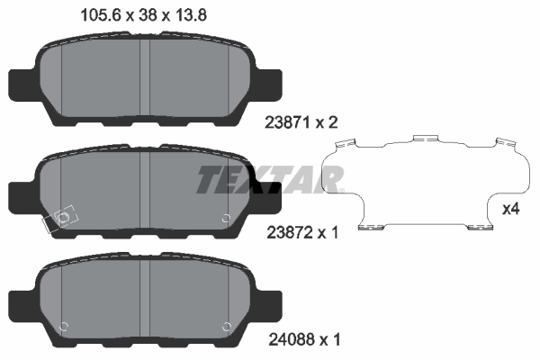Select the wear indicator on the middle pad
(62, 220)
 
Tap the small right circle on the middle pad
(226, 216)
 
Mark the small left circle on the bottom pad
(63, 325)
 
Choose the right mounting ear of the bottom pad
(267, 299)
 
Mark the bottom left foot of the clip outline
(370, 227)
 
